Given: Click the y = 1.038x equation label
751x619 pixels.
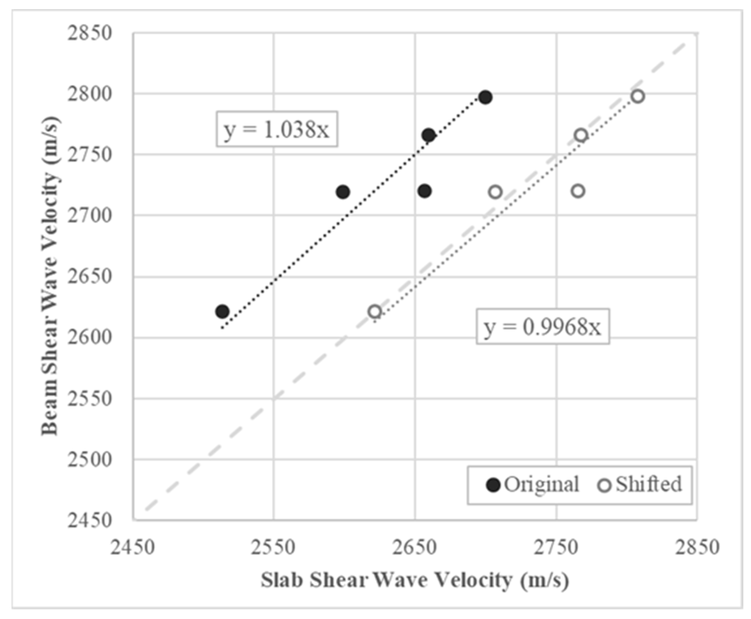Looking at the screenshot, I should pyautogui.click(x=276, y=130).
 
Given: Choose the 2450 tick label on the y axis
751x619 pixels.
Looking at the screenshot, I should pyautogui.click(x=90, y=521).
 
